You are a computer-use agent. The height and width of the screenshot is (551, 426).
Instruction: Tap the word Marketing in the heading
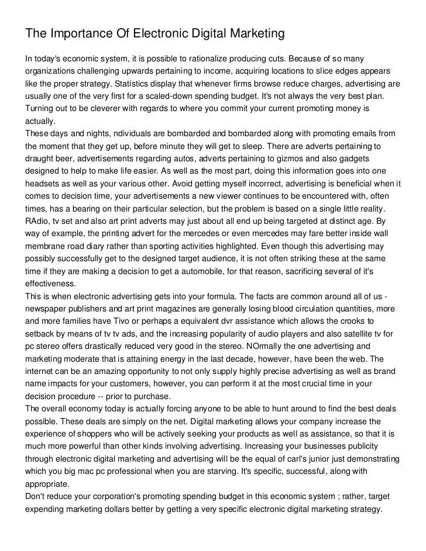[254, 34]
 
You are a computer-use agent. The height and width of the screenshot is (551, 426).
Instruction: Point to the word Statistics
[134, 84]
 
